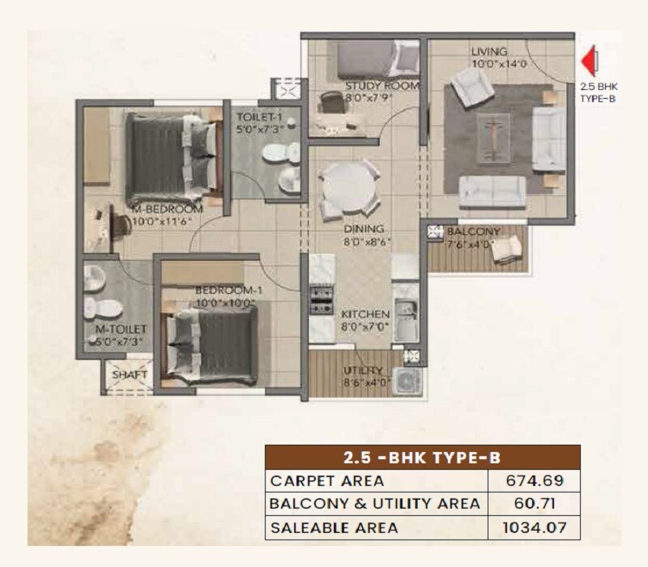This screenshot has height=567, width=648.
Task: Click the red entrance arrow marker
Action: (x=591, y=60)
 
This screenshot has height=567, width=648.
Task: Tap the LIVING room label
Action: (x=489, y=53)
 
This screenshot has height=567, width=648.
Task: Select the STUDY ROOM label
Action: (x=370, y=85)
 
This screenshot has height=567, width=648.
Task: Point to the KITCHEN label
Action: (x=365, y=313)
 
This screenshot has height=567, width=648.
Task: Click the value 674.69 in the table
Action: (x=534, y=480)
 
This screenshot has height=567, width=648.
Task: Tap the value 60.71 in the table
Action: (x=534, y=504)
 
